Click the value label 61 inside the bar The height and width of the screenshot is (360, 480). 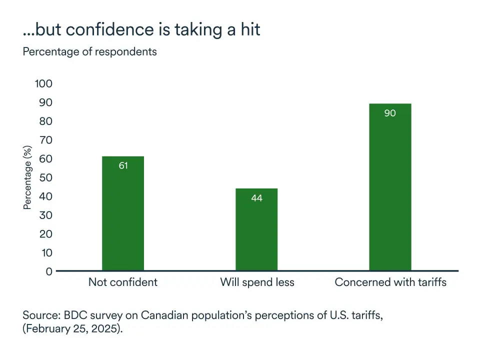tap(123, 165)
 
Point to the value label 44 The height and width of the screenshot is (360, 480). tap(256, 198)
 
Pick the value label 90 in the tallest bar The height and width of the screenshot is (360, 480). tap(390, 113)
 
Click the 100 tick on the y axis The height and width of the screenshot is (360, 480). tap(43, 83)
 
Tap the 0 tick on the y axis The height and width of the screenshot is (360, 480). tap(49, 271)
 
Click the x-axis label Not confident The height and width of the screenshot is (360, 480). tap(123, 282)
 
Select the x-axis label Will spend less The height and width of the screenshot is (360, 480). tap(257, 282)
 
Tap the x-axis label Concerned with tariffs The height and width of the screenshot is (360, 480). tap(390, 282)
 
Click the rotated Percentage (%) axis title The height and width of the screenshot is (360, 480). tap(28, 177)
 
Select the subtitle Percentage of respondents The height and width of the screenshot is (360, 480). tap(89, 51)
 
